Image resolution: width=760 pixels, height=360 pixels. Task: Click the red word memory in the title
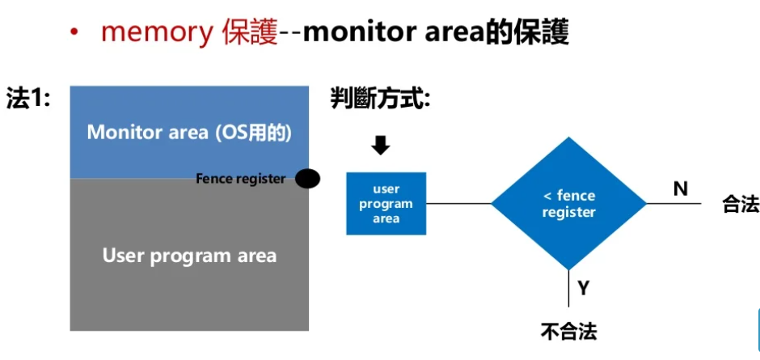pyautogui.click(x=155, y=32)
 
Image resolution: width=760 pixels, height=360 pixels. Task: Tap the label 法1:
pyautogui.click(x=28, y=99)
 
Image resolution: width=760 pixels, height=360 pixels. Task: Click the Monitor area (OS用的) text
pyautogui.click(x=188, y=132)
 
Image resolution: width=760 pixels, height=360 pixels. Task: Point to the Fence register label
pyautogui.click(x=240, y=178)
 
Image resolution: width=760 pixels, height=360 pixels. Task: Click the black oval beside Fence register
pyautogui.click(x=308, y=179)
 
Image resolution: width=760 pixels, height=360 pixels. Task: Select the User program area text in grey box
pyautogui.click(x=189, y=256)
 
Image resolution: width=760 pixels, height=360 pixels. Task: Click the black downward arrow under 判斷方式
pyautogui.click(x=381, y=145)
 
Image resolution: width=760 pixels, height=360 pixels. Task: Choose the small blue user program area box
pyautogui.click(x=386, y=204)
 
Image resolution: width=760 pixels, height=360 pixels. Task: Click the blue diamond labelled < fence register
pyautogui.click(x=568, y=204)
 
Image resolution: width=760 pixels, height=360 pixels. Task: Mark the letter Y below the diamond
pyautogui.click(x=583, y=286)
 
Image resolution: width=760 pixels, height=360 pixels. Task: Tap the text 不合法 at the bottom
pyautogui.click(x=569, y=332)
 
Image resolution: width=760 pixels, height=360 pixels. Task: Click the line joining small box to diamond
pyautogui.click(x=458, y=204)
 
